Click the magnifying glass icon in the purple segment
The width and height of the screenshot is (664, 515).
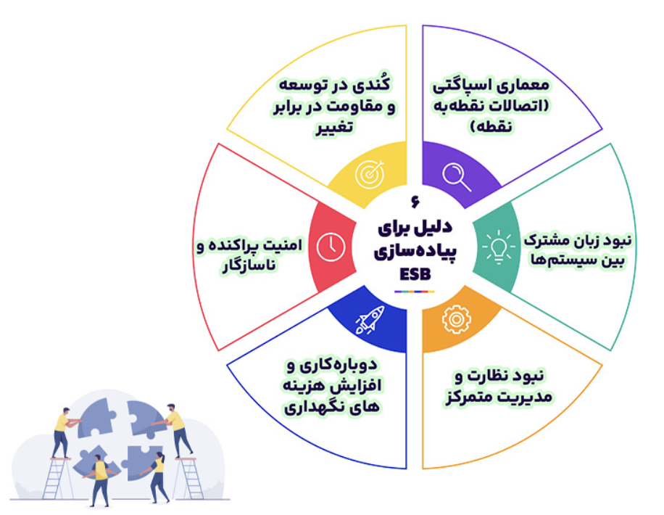457,177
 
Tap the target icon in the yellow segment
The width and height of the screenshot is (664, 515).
370,174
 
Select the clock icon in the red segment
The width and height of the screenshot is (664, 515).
331,247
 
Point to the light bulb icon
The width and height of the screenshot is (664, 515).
499,247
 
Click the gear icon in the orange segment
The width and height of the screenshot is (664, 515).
456,319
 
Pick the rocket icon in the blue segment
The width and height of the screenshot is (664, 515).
370,320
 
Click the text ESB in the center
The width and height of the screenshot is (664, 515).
415,275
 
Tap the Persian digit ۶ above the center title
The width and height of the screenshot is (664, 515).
415,202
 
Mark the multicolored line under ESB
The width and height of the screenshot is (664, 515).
415,292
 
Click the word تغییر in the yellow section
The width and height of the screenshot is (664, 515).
333,127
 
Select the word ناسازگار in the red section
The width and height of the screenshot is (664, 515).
249,265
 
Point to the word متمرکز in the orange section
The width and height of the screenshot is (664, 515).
466,397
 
